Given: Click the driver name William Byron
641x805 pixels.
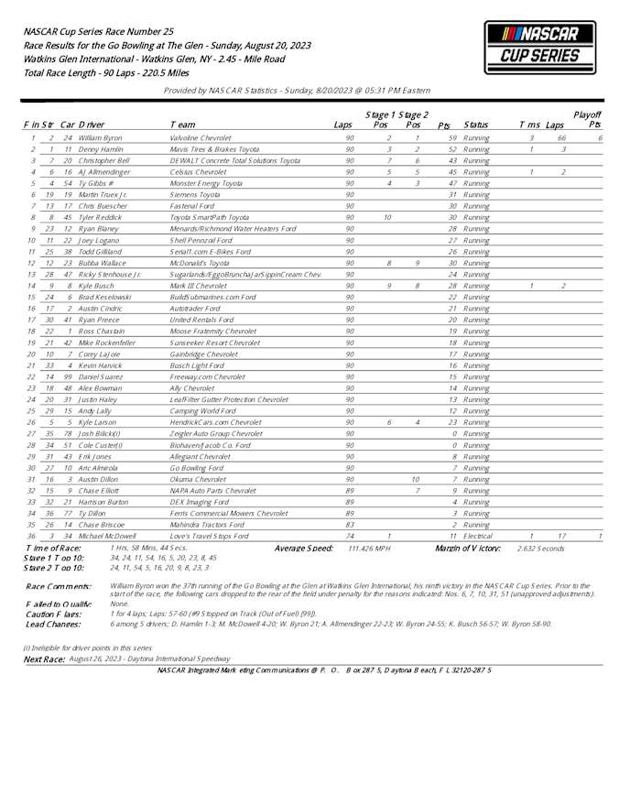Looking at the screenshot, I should click(x=100, y=137).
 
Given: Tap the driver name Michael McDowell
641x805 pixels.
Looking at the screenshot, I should click(x=107, y=536).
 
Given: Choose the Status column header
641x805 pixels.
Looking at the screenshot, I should click(x=475, y=124).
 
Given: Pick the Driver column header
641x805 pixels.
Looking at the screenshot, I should click(x=92, y=124).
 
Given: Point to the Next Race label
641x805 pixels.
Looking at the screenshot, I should click(x=43, y=658).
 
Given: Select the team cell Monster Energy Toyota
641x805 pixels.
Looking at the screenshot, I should click(x=206, y=182).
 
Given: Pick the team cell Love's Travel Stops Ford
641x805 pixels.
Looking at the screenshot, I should click(x=210, y=536).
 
